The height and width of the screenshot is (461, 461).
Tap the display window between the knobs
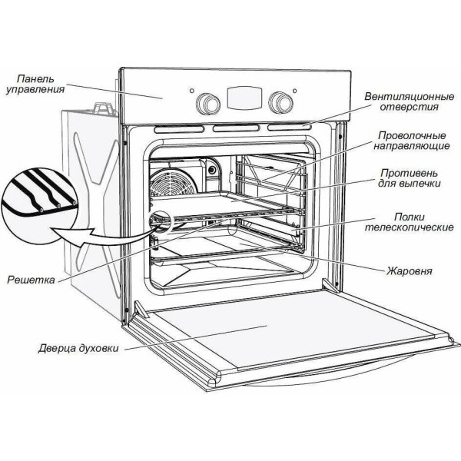[242, 98]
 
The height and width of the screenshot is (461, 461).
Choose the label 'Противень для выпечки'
[406, 179]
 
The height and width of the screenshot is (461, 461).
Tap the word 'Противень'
[406, 174]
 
